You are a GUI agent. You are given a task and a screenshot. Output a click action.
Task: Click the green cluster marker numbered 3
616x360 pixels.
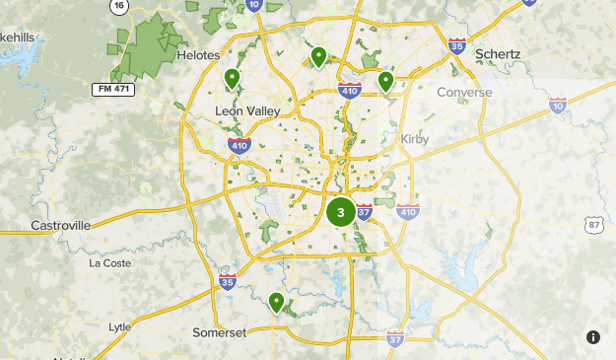[341, 211]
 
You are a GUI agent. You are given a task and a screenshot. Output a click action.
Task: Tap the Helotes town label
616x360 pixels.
[198, 55]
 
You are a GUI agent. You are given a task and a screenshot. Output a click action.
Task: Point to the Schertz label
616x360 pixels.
[497, 53]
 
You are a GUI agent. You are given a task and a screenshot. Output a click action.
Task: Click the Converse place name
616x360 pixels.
[463, 93]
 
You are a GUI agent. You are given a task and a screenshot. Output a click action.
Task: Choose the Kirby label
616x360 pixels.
[416, 139]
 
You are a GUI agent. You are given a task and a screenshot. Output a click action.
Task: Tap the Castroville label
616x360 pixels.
[60, 225]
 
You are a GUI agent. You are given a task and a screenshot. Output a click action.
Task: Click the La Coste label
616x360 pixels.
[109, 263]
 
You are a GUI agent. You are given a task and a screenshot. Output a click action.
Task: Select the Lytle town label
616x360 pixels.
[119, 326]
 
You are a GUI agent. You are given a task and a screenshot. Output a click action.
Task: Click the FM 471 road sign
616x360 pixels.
[113, 89]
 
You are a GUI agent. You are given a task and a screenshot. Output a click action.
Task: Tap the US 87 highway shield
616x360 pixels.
[593, 227]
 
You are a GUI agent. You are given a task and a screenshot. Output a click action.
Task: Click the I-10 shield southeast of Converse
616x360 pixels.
[558, 106]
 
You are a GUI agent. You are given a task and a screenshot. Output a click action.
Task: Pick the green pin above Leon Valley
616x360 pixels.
[233, 78]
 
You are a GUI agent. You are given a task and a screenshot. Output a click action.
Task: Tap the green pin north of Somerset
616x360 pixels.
[277, 301]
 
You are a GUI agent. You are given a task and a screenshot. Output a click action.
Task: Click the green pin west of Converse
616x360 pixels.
[386, 80]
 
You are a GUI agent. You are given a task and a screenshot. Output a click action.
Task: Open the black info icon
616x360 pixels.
[593, 337]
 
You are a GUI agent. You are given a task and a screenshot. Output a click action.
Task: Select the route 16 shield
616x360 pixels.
[119, 6]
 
